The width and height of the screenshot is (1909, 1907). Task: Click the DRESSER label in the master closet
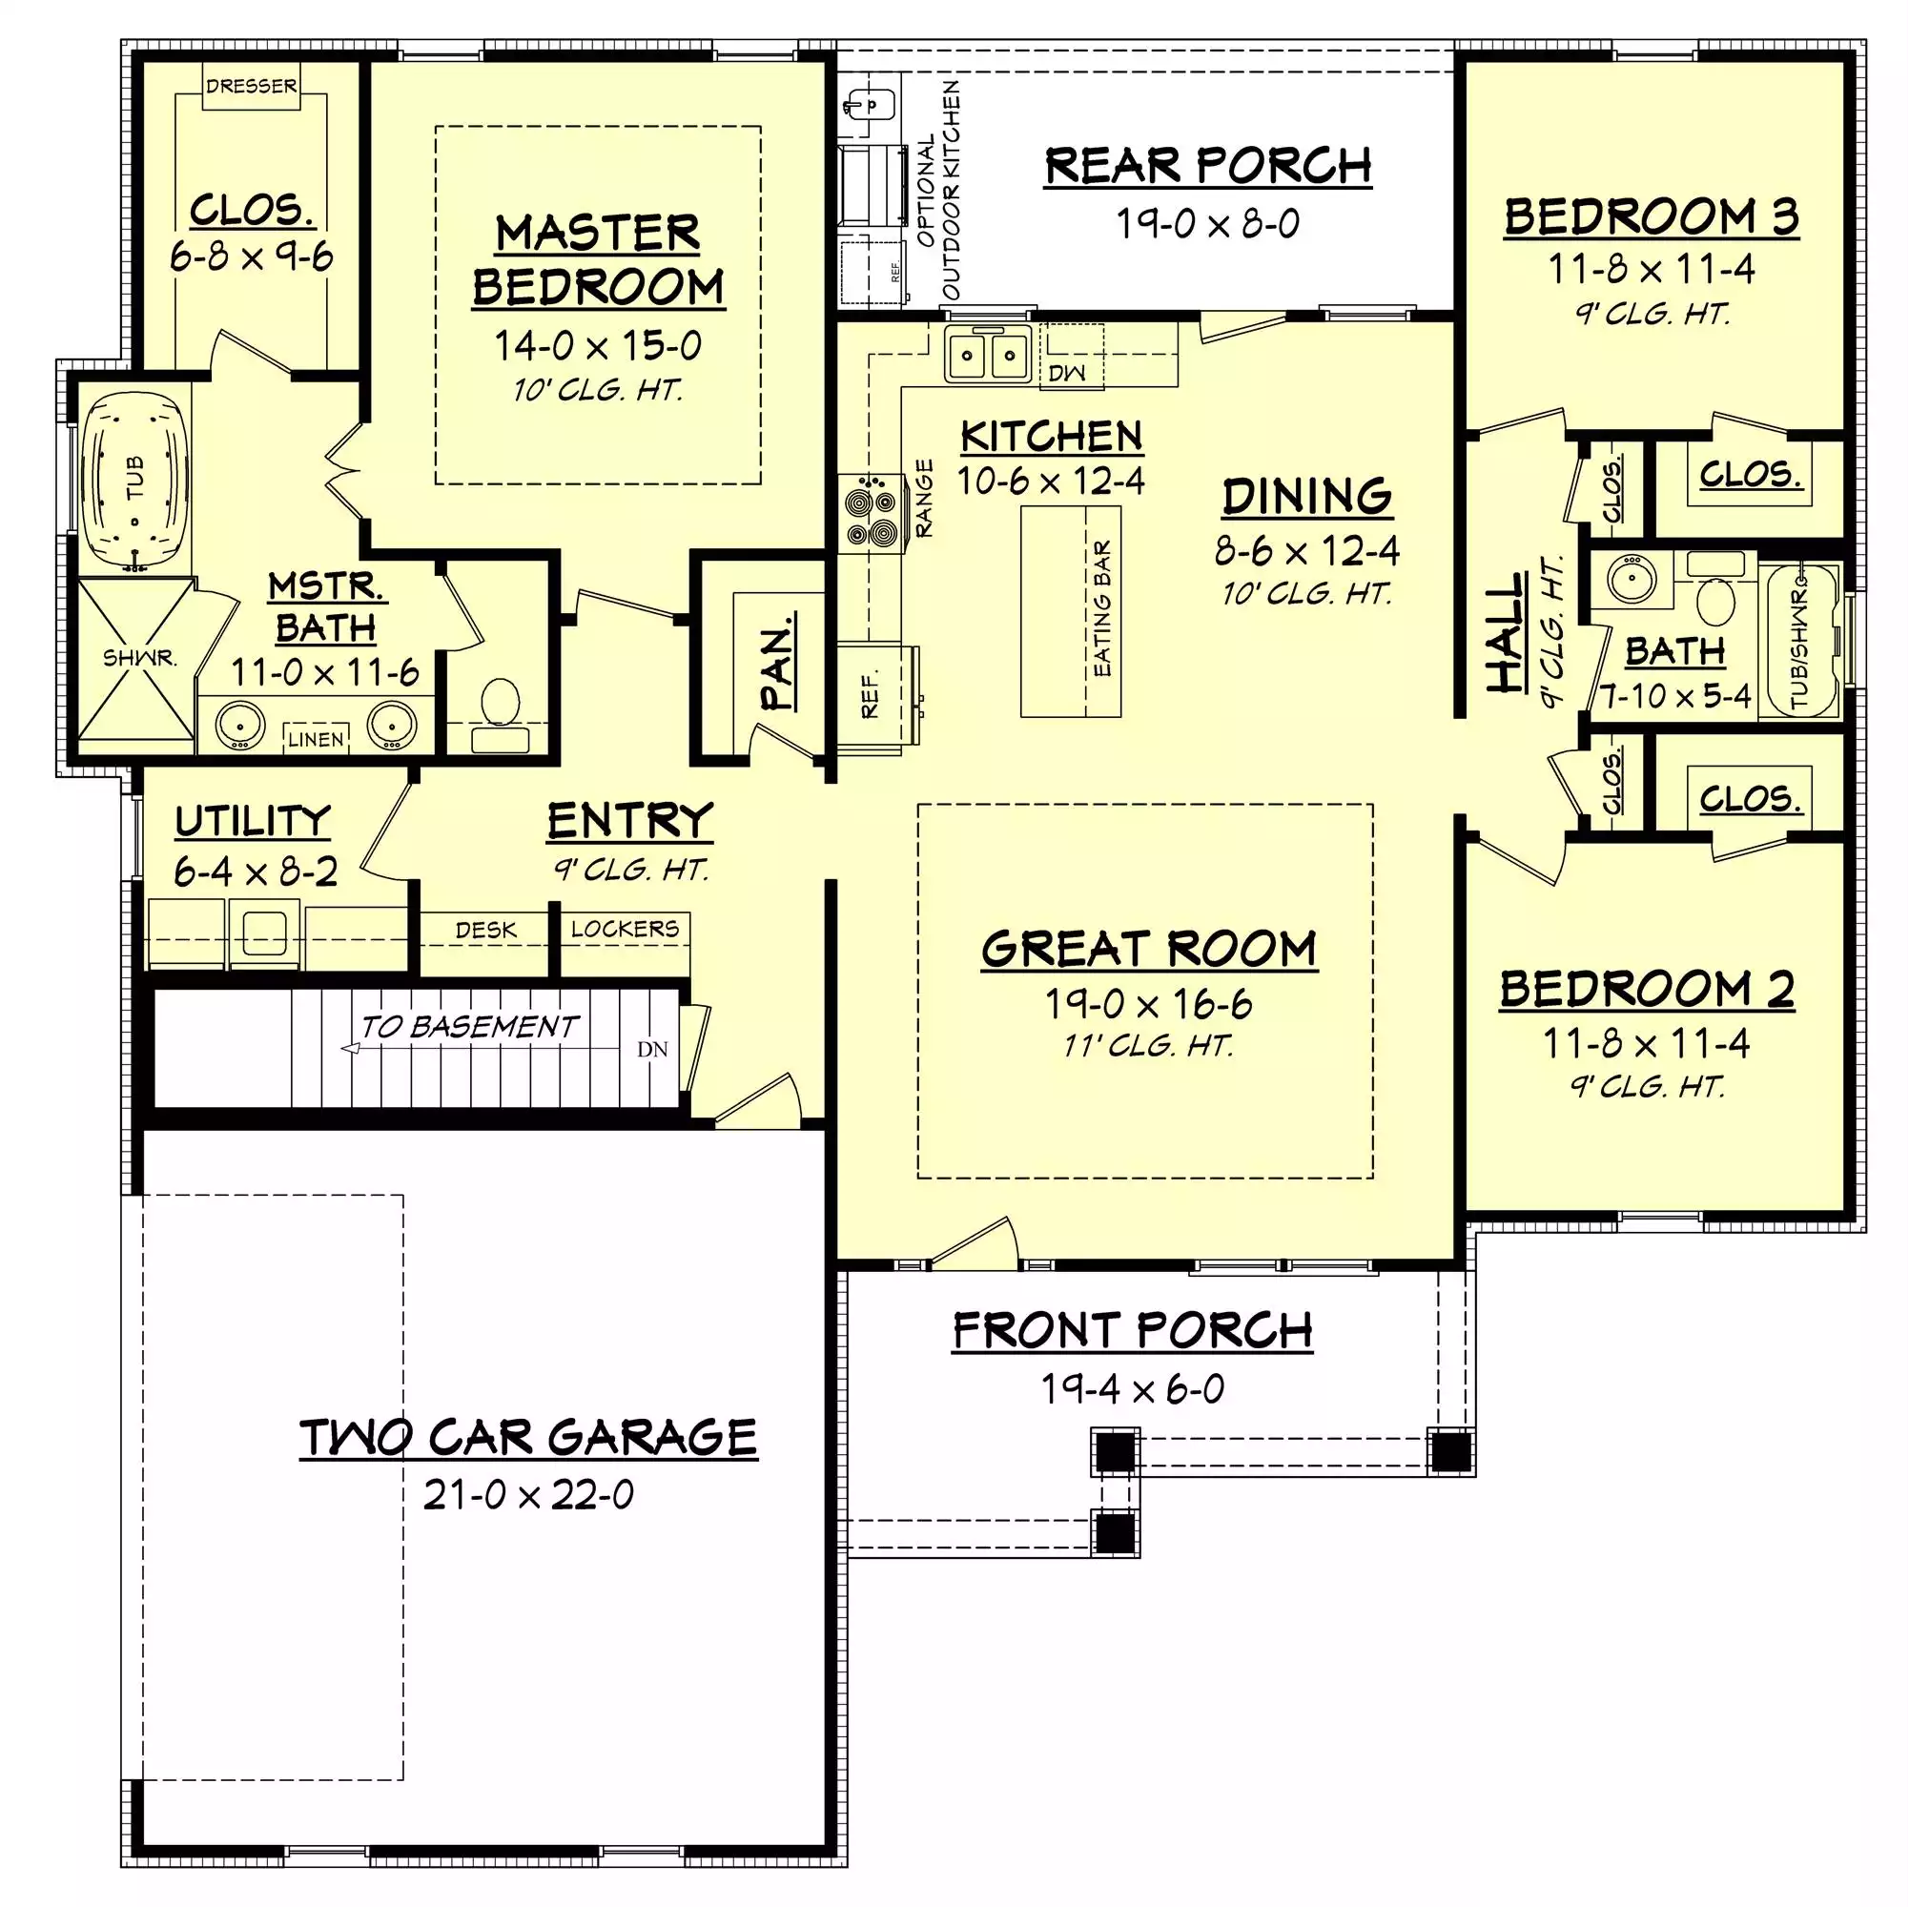[x=251, y=87]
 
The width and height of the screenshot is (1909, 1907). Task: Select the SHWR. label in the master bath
[x=140, y=658]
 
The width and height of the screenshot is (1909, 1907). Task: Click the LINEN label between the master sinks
[x=317, y=739]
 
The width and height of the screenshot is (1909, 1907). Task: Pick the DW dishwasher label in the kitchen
[x=1066, y=373]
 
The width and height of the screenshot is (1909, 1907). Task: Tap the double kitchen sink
[x=987, y=354]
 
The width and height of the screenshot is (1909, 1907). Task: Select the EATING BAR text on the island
[x=1102, y=609]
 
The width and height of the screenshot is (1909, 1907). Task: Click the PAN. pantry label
[x=779, y=662]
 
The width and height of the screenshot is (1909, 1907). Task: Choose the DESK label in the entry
[x=485, y=930]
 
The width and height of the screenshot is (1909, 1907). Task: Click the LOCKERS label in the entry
[x=625, y=929]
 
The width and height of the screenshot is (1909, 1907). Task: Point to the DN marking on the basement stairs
[x=652, y=1050]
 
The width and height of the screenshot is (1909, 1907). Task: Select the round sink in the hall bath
[x=1632, y=578]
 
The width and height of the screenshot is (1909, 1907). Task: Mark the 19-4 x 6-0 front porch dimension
[x=1133, y=1389]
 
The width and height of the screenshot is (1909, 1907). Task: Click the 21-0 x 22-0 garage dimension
[x=528, y=1495]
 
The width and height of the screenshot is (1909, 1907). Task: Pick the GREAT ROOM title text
[x=1149, y=949]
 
